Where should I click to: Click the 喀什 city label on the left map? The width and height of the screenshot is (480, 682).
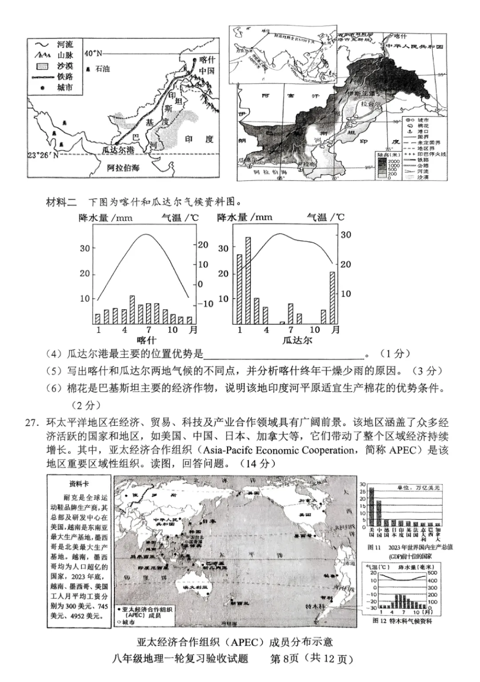click(207, 60)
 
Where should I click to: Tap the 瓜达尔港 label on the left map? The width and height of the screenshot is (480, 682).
click(118, 150)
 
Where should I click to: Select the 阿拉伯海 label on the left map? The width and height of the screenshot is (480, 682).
click(123, 168)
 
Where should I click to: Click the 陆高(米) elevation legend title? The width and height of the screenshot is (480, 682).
click(386, 154)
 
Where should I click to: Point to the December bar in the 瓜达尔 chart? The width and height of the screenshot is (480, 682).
click(332, 297)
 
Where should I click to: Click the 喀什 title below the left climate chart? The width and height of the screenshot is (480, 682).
click(146, 340)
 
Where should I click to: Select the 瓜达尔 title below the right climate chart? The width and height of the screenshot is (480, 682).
click(297, 340)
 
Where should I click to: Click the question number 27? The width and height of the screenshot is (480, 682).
click(32, 422)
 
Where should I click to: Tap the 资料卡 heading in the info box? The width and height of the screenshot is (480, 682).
click(79, 484)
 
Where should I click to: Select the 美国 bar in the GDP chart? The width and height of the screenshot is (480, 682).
click(372, 507)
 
